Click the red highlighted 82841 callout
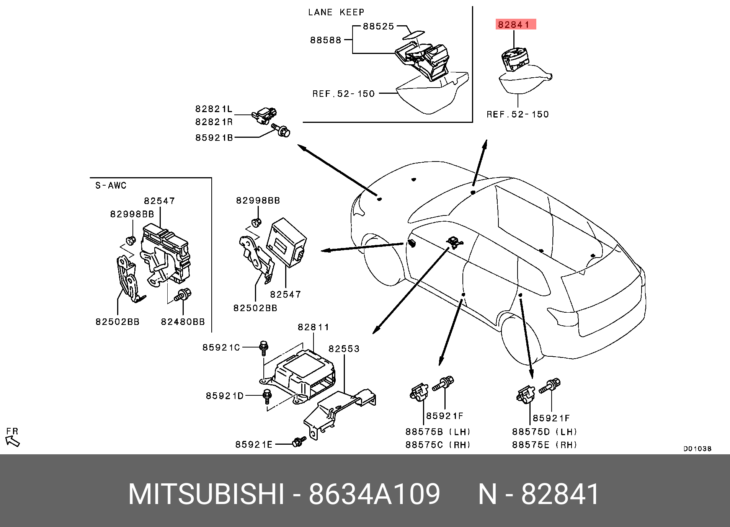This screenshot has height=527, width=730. click(x=515, y=24)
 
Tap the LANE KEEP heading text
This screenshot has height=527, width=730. click(x=336, y=12)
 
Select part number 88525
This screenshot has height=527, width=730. click(x=378, y=26)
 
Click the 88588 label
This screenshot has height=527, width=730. click(x=325, y=40)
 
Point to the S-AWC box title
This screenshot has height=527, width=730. click(x=111, y=186)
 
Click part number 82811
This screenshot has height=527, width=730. click(x=313, y=327)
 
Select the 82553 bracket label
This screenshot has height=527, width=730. click(x=344, y=349)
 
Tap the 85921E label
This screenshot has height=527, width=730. click(x=254, y=444)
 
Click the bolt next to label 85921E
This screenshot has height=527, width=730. click(x=299, y=442)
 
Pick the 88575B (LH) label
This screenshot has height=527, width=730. click(x=438, y=432)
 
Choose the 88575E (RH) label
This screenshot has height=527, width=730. click(x=544, y=445)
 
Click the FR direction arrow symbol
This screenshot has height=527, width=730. click(x=13, y=441)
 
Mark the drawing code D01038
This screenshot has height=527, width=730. click(x=697, y=449)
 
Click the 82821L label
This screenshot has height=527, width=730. click(x=214, y=109)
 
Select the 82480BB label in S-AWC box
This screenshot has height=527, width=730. click(x=183, y=322)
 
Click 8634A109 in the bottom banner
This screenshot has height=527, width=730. click(x=374, y=494)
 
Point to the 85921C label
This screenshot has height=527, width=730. click(x=221, y=347)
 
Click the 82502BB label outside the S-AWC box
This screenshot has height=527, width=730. click(x=255, y=308)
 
